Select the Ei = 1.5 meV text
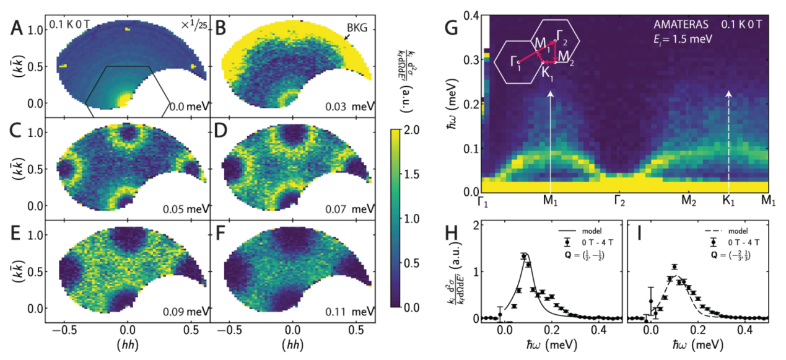680,41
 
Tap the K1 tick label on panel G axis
729,200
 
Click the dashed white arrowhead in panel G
728,94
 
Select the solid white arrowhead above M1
551,94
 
